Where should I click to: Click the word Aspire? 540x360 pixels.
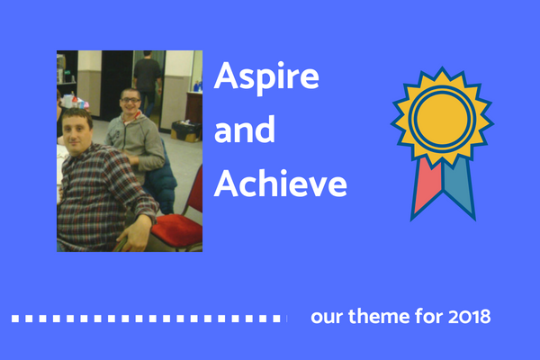[x=266, y=77]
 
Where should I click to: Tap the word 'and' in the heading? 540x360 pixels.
[x=245, y=130]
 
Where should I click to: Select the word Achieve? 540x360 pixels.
[x=280, y=183]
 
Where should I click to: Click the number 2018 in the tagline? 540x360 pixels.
[x=469, y=317]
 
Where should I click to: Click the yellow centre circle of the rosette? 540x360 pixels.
[x=442, y=119]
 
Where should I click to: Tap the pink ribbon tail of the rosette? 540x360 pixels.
[x=427, y=186]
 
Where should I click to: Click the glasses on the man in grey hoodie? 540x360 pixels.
[x=130, y=100]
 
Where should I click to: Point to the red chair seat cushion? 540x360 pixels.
[x=176, y=228]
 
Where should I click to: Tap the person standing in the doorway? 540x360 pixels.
[x=147, y=83]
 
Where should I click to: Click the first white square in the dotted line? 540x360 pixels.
[x=15, y=319]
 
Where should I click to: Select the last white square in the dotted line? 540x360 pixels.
[x=276, y=319]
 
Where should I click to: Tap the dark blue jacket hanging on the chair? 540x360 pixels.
[x=160, y=179]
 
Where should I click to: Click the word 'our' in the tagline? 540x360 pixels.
[x=328, y=318]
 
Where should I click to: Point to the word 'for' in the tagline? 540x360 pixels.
[x=429, y=316]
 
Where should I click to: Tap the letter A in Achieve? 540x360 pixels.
[x=227, y=184]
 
